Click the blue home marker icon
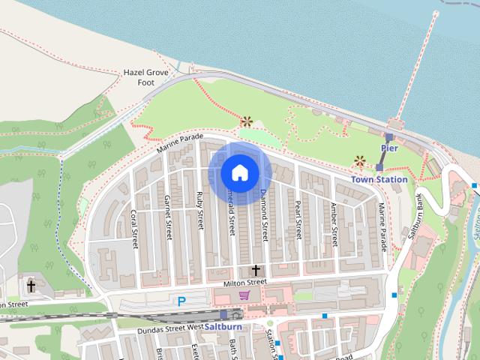[239, 172]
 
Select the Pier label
[388, 148]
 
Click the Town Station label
[379, 179]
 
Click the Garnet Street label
[167, 213]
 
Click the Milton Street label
[245, 282]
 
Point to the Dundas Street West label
[171, 329]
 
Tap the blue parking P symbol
[181, 301]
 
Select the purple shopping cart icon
[243, 295]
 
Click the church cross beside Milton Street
[256, 269]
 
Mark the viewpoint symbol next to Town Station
[360, 160]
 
